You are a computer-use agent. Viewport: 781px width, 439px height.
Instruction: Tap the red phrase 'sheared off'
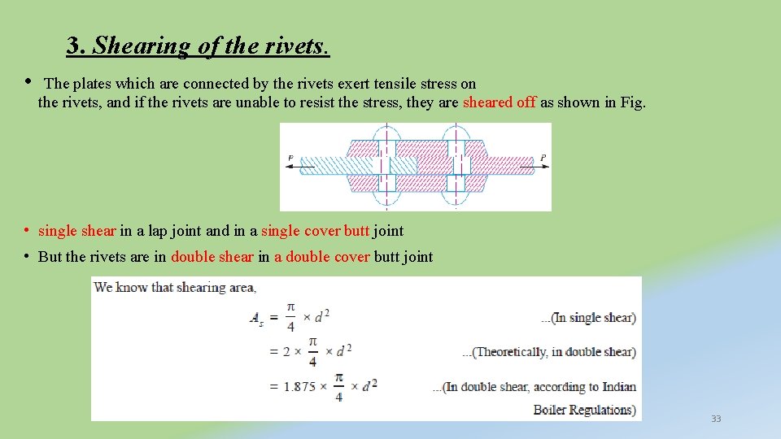[x=499, y=102]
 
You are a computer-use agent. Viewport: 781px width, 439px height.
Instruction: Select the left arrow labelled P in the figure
[x=299, y=166]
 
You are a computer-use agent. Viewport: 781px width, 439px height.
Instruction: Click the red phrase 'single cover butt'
[x=316, y=231]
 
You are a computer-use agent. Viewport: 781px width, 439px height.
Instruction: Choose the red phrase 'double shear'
[x=212, y=257]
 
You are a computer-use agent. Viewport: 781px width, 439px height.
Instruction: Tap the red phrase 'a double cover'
[x=322, y=257]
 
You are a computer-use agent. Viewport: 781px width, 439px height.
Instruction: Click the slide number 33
[x=716, y=419]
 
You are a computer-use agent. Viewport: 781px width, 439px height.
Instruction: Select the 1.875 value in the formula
[x=299, y=387]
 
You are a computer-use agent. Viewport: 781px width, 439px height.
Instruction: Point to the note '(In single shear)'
[x=588, y=318]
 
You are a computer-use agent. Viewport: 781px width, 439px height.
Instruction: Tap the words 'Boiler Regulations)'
[x=584, y=409]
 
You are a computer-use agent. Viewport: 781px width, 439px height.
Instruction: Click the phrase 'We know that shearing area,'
[x=175, y=287]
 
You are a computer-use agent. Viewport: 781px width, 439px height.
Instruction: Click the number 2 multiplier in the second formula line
[x=286, y=353]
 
